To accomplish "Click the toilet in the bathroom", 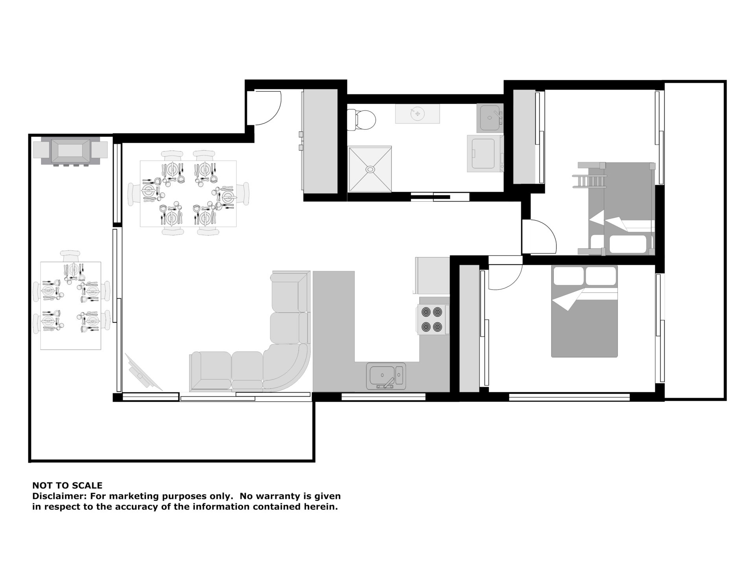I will (362, 119).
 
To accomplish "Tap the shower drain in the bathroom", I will (370, 169).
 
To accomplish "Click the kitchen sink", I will (386, 376).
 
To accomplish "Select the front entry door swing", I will (267, 107).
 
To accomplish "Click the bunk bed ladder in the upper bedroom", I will (589, 182).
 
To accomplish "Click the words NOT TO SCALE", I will (67, 485).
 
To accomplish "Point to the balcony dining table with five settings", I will (71, 305).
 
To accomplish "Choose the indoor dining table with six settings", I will (188, 193).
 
